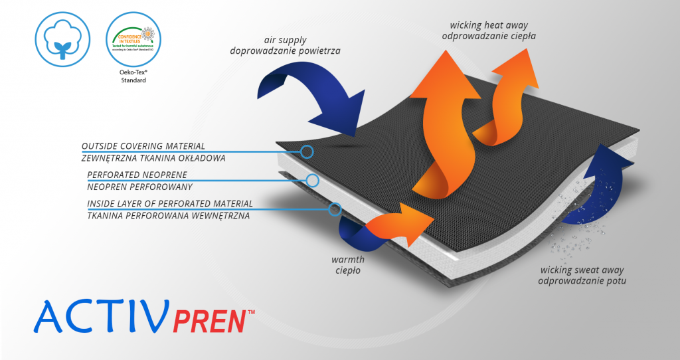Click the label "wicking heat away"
tap(483, 25)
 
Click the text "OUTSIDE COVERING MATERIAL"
tap(143, 145)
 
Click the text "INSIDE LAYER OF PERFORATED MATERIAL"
tap(169, 203)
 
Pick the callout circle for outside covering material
tap(307, 152)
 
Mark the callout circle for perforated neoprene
tap(313, 180)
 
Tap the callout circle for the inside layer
tap(335, 209)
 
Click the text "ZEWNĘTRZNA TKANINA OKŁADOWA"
tap(153, 157)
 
